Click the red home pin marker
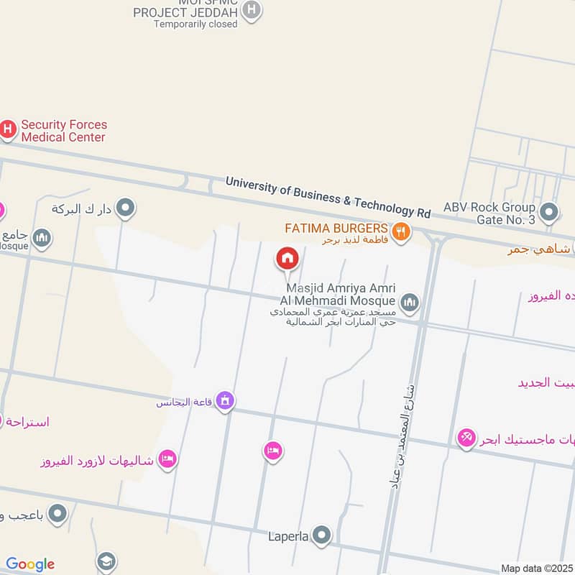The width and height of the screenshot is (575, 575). click(x=287, y=257)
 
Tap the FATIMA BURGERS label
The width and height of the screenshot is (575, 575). click(x=336, y=229)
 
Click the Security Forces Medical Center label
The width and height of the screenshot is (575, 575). click(x=63, y=131)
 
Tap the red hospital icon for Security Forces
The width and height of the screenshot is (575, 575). click(x=7, y=129)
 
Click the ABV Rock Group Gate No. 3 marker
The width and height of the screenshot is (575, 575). click(x=549, y=212)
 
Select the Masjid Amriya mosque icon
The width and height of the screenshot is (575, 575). click(x=410, y=302)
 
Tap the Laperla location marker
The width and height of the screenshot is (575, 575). click(x=322, y=535)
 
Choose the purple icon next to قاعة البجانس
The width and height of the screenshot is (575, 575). click(x=225, y=401)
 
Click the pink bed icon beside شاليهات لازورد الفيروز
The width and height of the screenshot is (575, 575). click(x=167, y=458)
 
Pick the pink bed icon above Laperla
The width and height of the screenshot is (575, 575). click(x=272, y=451)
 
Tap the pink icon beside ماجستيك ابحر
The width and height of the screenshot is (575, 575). click(x=466, y=437)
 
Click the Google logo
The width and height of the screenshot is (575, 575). click(x=30, y=564)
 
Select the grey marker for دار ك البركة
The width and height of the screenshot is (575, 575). click(x=126, y=209)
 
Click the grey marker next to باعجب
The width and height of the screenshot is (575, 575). click(x=57, y=514)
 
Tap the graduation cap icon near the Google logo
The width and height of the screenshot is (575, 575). click(x=106, y=561)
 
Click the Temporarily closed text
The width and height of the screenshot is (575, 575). click(x=195, y=24)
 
